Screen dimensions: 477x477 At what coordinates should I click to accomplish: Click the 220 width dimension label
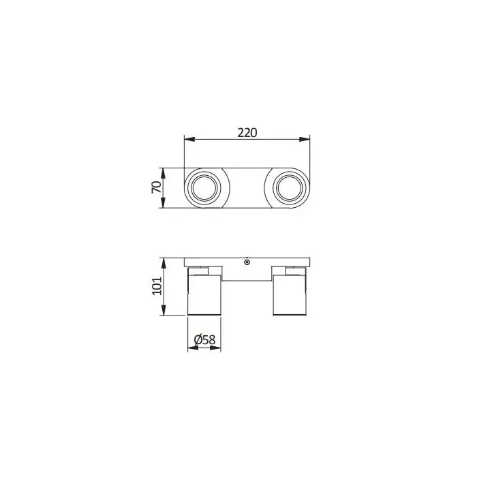click(x=247, y=133)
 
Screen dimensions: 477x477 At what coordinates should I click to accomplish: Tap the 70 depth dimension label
click(x=156, y=188)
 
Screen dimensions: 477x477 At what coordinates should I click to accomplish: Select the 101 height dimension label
click(x=156, y=286)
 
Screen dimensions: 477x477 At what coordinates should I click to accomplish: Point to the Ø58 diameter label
click(x=205, y=339)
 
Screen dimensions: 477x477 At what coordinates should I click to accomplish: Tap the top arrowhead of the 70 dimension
click(x=164, y=170)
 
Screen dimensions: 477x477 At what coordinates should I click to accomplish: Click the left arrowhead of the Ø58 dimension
click(x=191, y=348)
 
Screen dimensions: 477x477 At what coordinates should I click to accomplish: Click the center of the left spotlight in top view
click(x=204, y=187)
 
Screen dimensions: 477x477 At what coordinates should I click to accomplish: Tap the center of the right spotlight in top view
click(x=289, y=187)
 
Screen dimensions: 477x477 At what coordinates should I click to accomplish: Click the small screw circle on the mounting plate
click(x=247, y=262)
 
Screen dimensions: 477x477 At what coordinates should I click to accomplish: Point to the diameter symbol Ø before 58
click(x=198, y=339)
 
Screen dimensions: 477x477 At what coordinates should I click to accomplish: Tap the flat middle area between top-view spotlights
click(x=247, y=187)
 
